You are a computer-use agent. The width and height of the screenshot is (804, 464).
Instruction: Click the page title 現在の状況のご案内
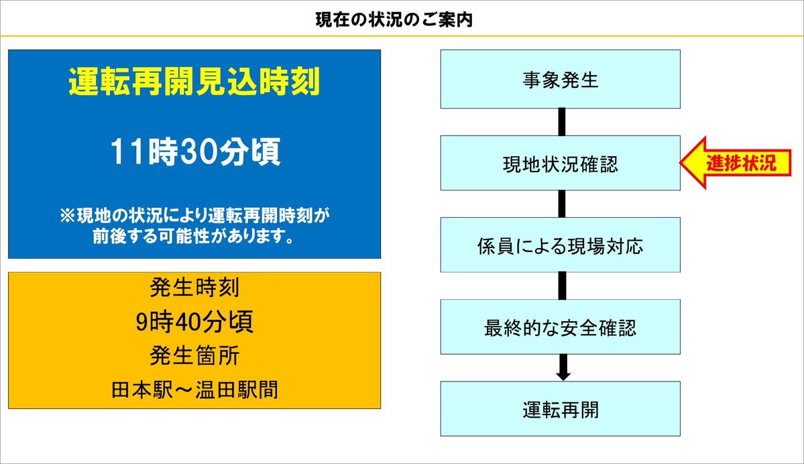click(x=394, y=20)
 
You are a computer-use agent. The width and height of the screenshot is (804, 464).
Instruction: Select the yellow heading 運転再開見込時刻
click(x=194, y=82)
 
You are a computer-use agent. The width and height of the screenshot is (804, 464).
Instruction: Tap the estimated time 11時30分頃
click(x=195, y=152)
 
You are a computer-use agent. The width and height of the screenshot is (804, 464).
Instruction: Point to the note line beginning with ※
click(x=194, y=215)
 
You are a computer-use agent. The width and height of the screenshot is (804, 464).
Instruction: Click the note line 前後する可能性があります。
click(x=194, y=236)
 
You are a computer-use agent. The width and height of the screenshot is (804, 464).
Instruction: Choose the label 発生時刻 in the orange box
click(x=194, y=287)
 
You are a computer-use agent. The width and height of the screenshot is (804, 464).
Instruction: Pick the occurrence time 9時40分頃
click(x=194, y=322)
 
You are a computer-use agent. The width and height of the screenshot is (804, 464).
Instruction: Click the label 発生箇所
click(x=194, y=356)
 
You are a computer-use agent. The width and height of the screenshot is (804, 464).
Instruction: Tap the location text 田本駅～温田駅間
click(x=194, y=390)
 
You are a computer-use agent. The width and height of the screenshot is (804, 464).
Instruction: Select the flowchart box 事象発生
click(x=561, y=79)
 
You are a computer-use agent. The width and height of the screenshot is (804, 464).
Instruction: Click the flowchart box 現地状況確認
click(x=561, y=163)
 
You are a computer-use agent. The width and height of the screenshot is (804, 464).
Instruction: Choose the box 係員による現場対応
click(x=561, y=245)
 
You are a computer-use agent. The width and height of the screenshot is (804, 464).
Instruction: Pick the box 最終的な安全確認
click(x=561, y=327)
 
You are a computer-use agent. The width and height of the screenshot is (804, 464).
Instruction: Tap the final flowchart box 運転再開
click(x=561, y=408)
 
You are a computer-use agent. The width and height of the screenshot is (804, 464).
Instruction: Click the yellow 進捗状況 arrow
click(x=736, y=163)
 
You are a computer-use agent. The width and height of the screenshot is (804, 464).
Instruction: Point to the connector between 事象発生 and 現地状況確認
click(x=562, y=122)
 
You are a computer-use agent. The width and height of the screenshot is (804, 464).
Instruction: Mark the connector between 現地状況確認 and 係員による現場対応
click(x=562, y=204)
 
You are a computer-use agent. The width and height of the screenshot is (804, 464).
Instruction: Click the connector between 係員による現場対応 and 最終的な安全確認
click(x=562, y=286)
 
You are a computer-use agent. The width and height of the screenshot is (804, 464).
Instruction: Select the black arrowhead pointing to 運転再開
click(x=563, y=375)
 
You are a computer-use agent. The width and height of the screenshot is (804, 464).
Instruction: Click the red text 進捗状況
click(x=741, y=163)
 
